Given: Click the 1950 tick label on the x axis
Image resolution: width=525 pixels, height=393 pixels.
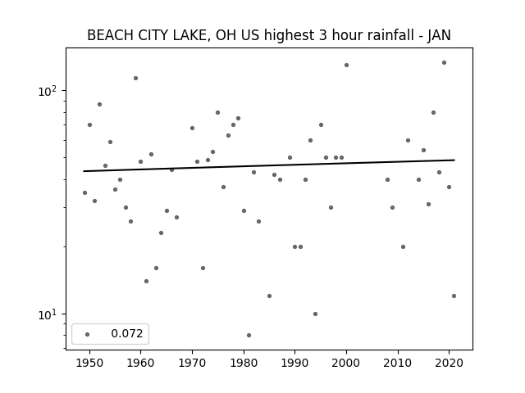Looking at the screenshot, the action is point(89,363).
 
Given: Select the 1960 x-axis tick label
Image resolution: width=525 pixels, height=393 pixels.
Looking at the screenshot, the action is point(140,363).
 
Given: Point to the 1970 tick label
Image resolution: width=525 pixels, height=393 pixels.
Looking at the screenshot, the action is point(192,363).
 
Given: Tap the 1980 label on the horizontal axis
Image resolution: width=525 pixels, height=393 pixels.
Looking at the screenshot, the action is point(244,363).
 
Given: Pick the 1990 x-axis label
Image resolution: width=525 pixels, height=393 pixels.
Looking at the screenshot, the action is point(295,363).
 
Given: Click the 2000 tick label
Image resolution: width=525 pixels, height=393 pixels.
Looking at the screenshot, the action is point(346,363).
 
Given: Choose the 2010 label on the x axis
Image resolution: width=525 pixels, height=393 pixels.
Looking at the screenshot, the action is point(398,363).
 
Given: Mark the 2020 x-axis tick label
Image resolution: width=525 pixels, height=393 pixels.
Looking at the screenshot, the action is point(449,363).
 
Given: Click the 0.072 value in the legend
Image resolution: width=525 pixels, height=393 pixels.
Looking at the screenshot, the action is point(127,333).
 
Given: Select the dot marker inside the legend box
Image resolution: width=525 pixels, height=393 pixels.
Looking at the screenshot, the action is point(88,334).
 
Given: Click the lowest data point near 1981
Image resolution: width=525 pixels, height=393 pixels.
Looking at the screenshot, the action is point(249,335).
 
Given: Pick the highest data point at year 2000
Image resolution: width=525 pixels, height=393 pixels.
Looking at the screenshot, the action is point(346,65).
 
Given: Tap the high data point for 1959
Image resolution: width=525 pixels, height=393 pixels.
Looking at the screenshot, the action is point(135,79).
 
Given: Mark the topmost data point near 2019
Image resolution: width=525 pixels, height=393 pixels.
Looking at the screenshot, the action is point(444,62).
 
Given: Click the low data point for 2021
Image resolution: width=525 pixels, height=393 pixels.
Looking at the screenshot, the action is point(454,296).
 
